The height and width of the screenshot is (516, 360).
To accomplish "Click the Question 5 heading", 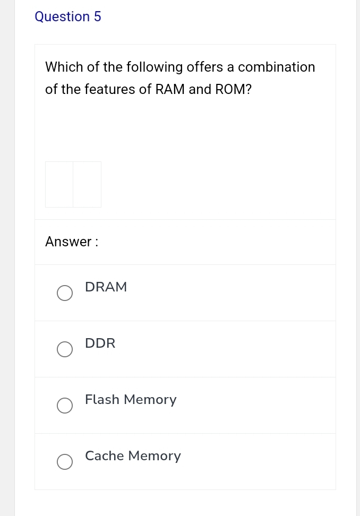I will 67,17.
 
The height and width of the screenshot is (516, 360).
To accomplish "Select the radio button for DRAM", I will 65,293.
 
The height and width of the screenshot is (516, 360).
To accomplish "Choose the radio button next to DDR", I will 65,349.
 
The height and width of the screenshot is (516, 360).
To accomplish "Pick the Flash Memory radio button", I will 65,406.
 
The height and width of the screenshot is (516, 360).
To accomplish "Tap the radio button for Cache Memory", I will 65,462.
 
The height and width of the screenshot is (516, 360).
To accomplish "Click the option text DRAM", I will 106,287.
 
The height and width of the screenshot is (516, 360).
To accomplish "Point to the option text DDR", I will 100,343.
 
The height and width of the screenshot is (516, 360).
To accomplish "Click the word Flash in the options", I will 102,400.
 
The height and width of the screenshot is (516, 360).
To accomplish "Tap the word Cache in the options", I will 105,456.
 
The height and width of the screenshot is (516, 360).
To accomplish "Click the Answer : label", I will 72,242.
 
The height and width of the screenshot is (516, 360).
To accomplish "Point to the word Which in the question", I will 61,67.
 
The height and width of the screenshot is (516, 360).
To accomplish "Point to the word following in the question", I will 143,67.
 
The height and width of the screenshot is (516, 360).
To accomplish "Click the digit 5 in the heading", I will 97,17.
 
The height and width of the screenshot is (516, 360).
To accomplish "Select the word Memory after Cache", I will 155,456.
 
